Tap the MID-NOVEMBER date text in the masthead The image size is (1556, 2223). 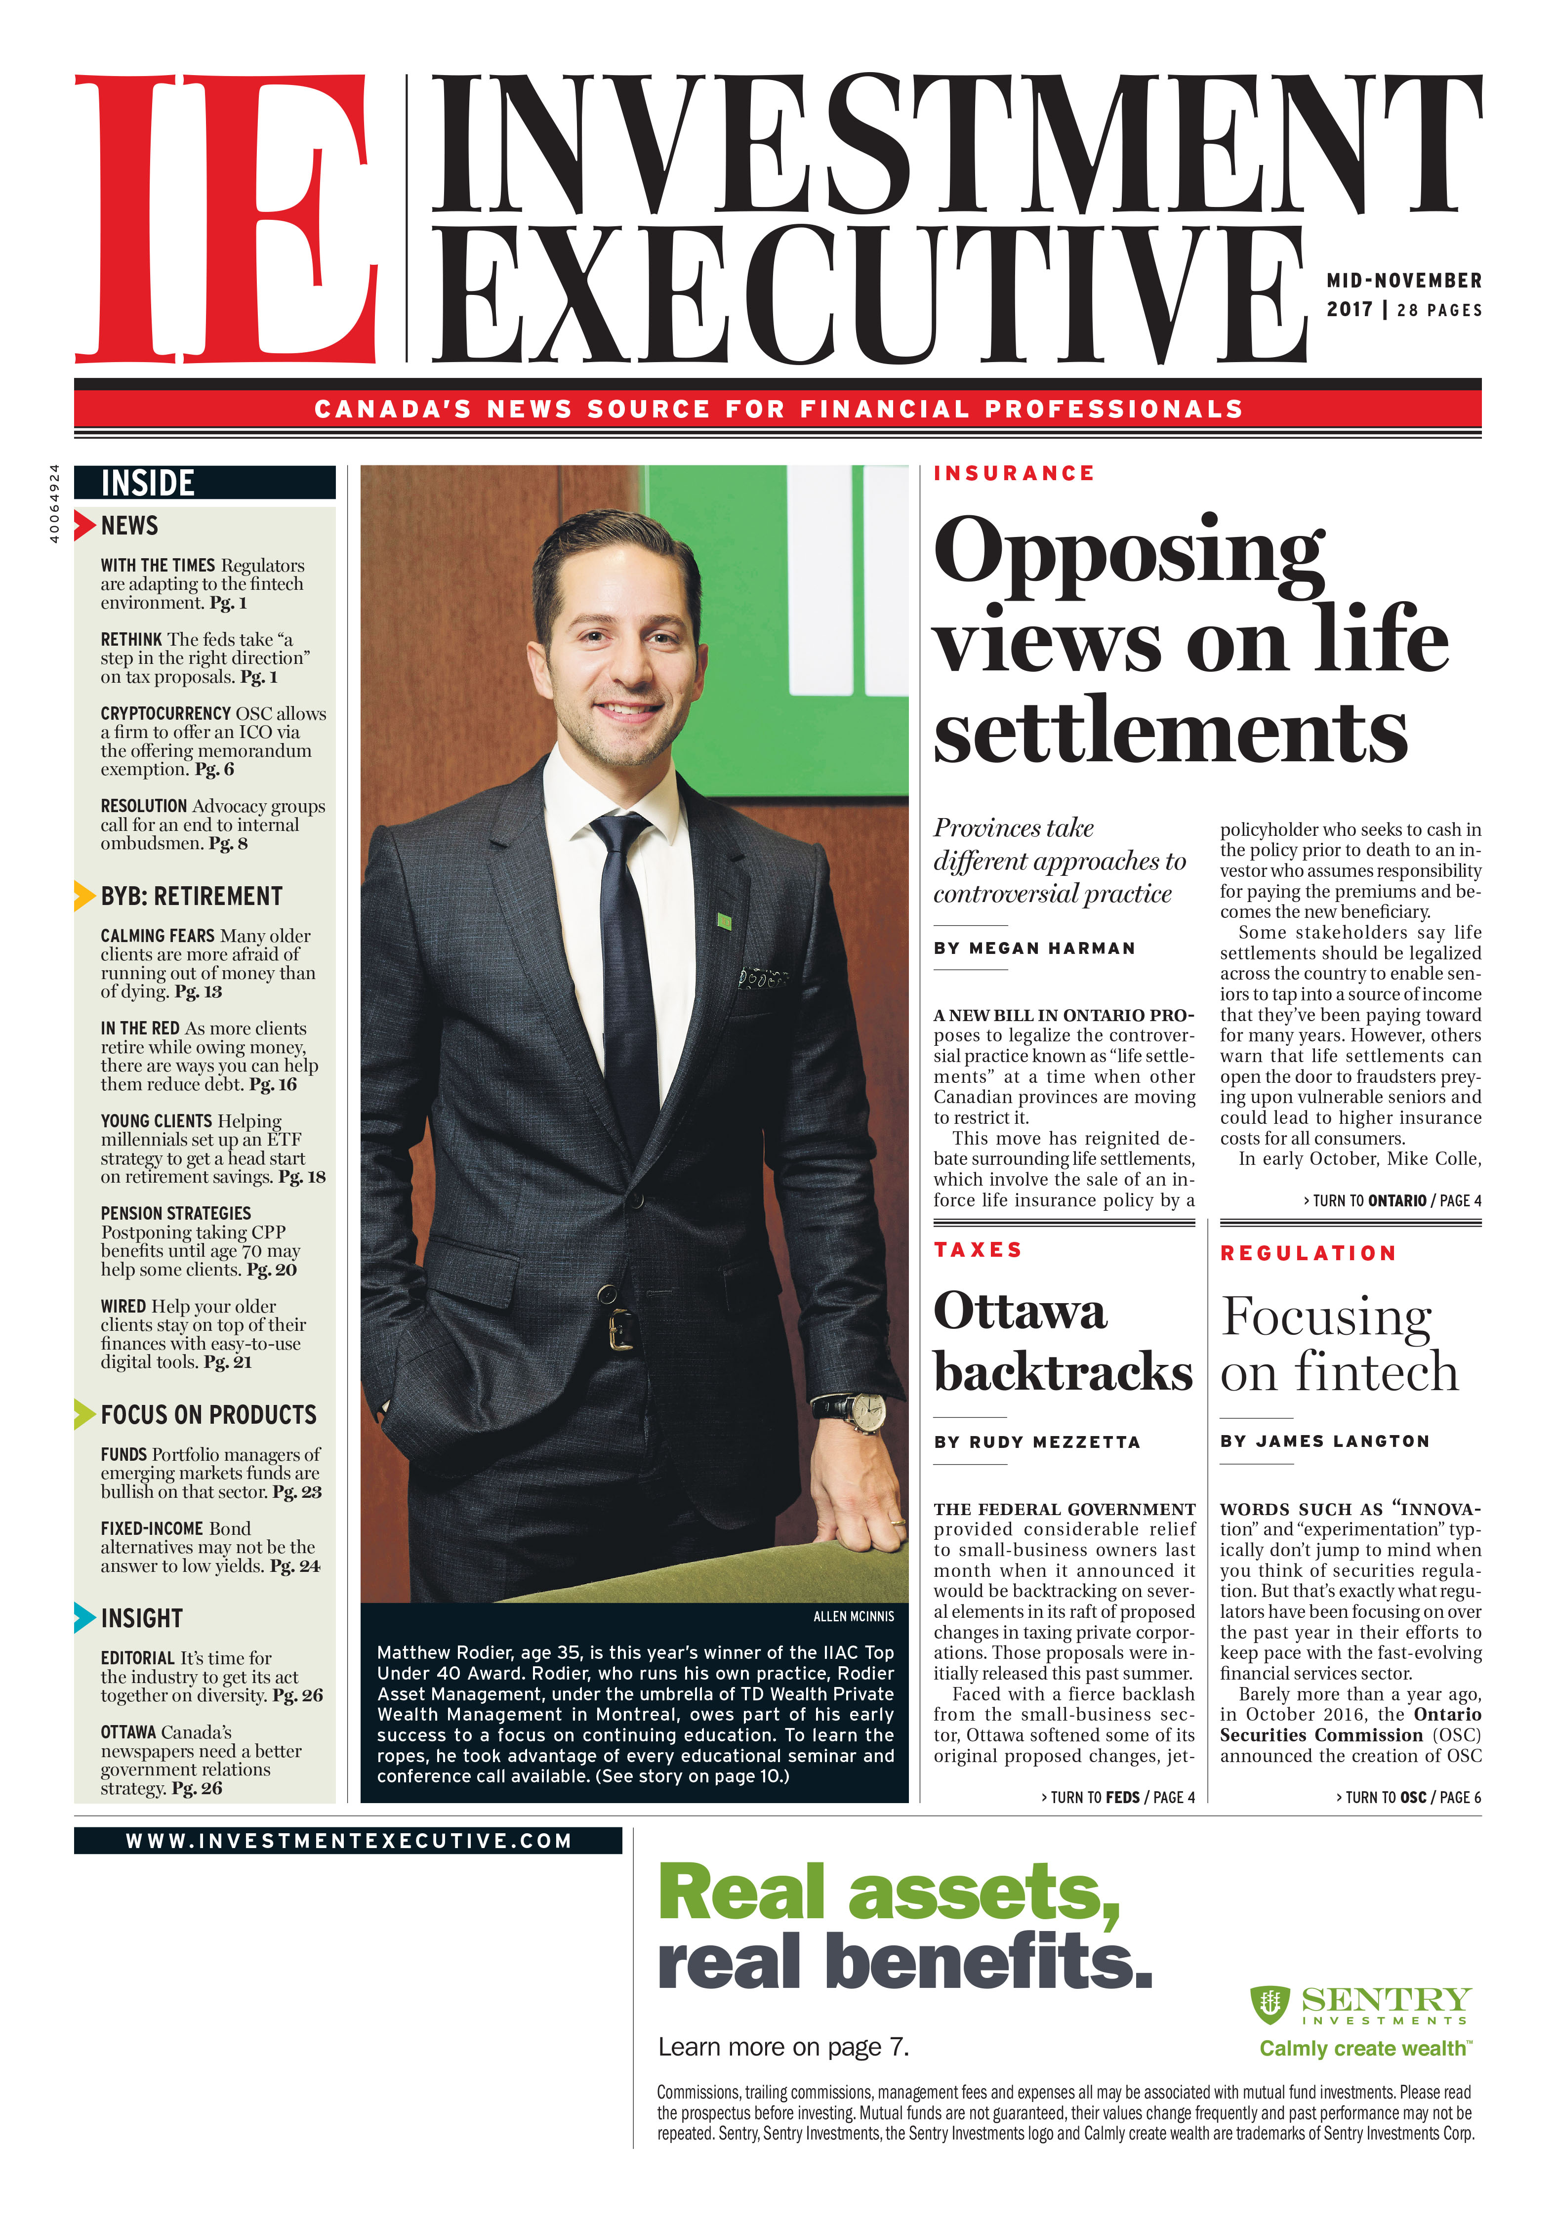(1403, 281)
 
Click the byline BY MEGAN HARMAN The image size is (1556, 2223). (1034, 948)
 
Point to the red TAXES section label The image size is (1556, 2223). (978, 1250)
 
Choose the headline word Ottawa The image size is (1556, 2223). (1020, 1312)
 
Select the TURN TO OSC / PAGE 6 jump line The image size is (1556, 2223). (1408, 1797)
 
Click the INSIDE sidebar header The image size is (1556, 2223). (148, 482)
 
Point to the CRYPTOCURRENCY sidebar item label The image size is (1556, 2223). (165, 713)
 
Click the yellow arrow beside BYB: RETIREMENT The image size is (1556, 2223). (85, 896)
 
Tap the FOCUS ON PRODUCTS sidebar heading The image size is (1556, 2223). (208, 1414)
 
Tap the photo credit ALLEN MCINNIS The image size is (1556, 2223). (853, 1616)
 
